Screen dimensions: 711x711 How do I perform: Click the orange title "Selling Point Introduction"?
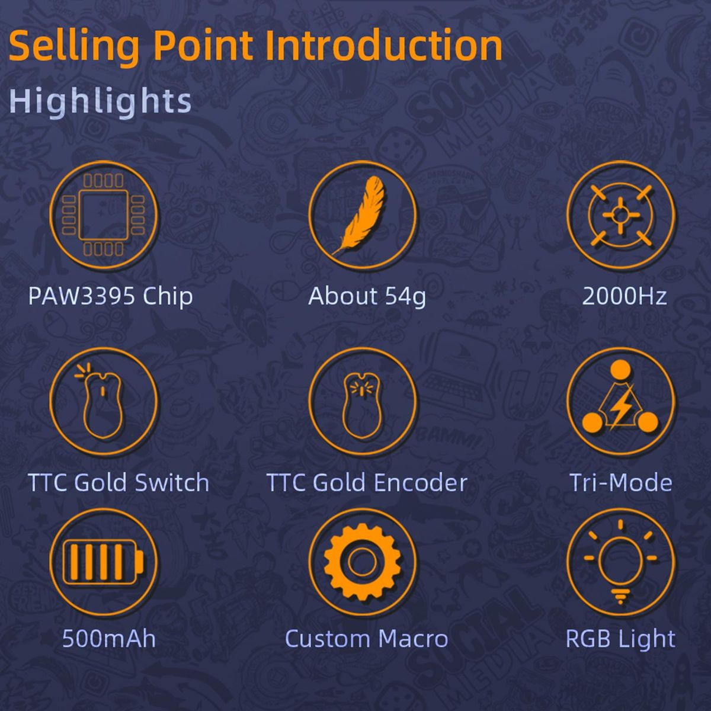[x=255, y=46]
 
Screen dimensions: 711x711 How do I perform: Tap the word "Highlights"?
[x=100, y=101]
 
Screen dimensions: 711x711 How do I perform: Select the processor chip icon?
[x=104, y=215]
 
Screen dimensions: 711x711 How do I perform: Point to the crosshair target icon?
[x=620, y=215]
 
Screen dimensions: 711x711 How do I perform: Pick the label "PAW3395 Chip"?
[x=111, y=296]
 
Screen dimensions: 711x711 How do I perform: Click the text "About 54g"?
[x=367, y=296]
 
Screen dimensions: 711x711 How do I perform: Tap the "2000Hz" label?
[x=624, y=296]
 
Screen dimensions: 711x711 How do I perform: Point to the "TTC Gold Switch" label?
[x=118, y=482]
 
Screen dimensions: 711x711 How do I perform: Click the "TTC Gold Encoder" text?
[x=367, y=482]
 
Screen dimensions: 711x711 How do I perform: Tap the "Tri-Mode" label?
[x=621, y=482]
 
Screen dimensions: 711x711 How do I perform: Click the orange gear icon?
[x=363, y=562]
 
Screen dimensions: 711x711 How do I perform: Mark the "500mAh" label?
[x=109, y=639]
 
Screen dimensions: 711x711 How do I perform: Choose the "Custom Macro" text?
[x=366, y=639]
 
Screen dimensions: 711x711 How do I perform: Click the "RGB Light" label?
[x=620, y=639]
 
